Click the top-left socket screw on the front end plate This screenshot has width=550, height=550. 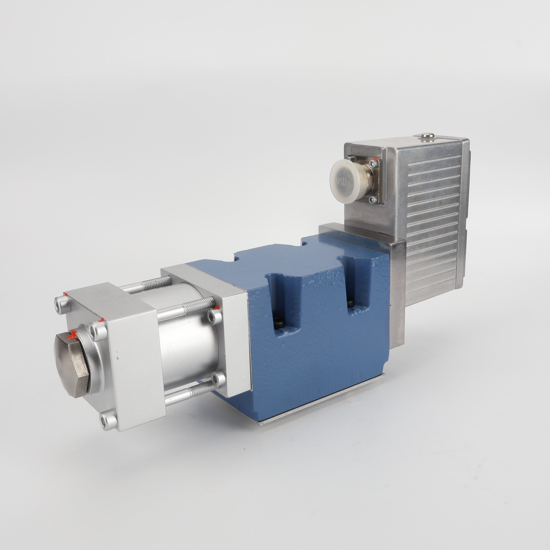pyautogui.click(x=61, y=301)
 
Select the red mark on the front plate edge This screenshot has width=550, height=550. pyautogui.click(x=100, y=321)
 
